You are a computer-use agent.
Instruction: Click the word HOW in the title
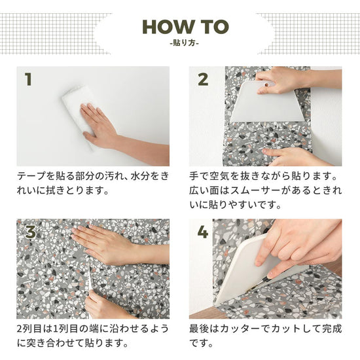point(168,27)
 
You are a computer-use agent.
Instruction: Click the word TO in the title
point(214,27)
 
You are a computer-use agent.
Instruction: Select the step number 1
point(28,79)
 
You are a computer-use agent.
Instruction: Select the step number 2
point(203,79)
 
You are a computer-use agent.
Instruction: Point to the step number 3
point(31,232)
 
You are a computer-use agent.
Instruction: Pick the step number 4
point(202,232)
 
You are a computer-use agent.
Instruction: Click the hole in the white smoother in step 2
point(266,84)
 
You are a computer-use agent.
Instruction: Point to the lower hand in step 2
point(296,157)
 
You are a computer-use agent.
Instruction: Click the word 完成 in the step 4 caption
point(333,329)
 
